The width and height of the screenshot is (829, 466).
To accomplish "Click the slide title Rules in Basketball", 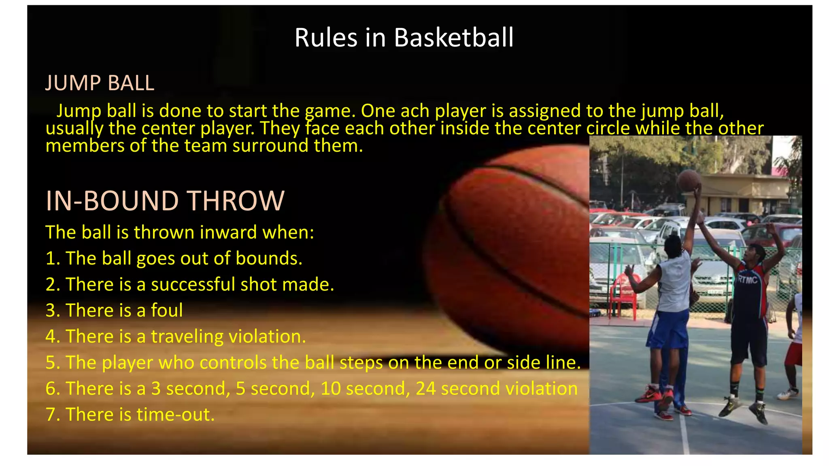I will (x=404, y=38).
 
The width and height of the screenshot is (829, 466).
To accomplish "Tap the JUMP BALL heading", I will (x=100, y=83).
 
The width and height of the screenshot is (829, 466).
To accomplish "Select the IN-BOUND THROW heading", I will (x=165, y=201).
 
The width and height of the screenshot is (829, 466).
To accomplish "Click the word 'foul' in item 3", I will (x=166, y=310).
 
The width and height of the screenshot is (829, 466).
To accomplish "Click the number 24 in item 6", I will (x=425, y=388).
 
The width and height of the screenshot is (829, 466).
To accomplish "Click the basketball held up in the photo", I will (x=689, y=180).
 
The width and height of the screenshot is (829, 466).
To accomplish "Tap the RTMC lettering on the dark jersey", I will (x=747, y=279).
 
